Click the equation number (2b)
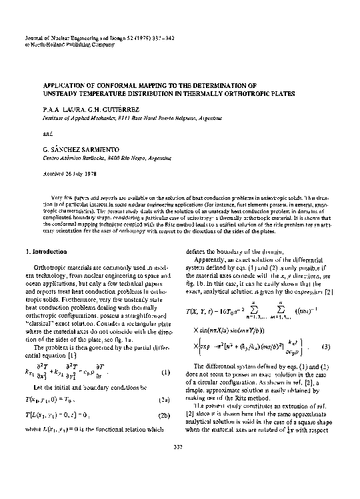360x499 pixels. point(161,415)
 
